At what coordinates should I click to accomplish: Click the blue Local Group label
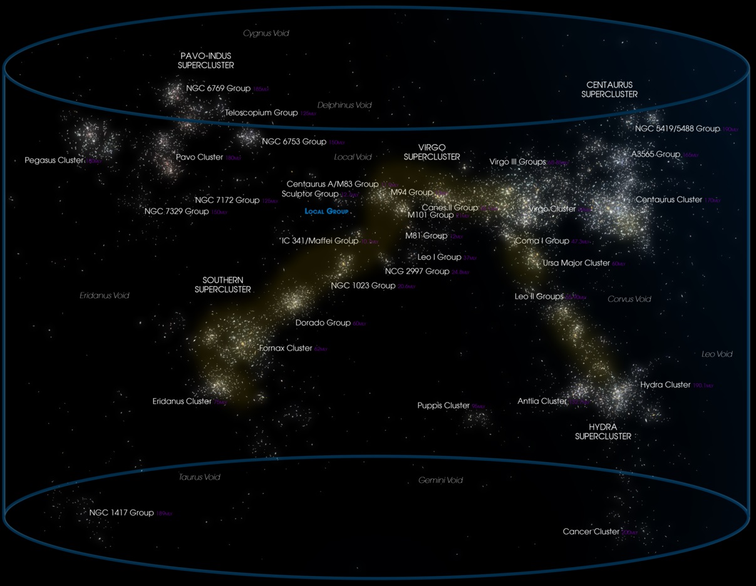[x=326, y=212]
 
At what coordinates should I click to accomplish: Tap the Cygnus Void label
[x=266, y=33]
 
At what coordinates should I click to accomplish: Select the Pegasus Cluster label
[x=54, y=160]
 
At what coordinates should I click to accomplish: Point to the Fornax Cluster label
[x=286, y=348]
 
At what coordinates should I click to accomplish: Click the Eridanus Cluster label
[x=182, y=401]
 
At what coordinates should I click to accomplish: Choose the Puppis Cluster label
[x=443, y=406]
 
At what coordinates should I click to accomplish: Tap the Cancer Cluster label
[x=591, y=532]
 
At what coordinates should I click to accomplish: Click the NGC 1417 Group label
[x=122, y=513]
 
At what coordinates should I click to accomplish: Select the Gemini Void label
[x=440, y=480]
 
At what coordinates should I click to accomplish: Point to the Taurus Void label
[x=199, y=477]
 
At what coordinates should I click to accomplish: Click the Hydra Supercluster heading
[x=603, y=431]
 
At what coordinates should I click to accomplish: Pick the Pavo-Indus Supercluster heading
[x=206, y=61]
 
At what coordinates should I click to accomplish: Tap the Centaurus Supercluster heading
[x=609, y=90]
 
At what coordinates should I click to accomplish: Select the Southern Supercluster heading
[x=223, y=285]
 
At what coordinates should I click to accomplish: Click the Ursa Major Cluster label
[x=576, y=263]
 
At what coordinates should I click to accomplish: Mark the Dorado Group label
[x=323, y=323]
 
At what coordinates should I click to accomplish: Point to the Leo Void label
[x=717, y=354]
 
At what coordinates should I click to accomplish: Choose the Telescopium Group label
[x=261, y=113]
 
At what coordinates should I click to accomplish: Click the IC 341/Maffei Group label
[x=320, y=240]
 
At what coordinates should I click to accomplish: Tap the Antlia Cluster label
[x=542, y=401]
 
